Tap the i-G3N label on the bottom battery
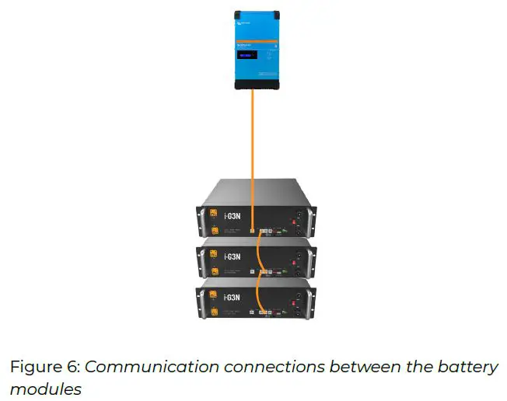(x=232, y=297)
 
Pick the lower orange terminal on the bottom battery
(x=212, y=313)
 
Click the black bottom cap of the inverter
(x=256, y=85)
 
